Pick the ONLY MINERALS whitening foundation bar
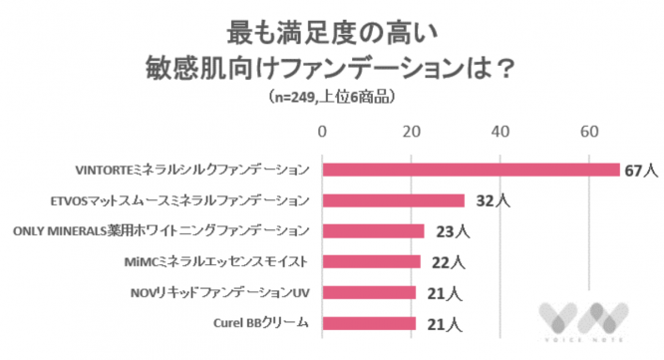[373, 231]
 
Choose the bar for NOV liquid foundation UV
[368, 293]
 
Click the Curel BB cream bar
[368, 323]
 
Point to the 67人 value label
[638, 170]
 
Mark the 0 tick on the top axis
[322, 132]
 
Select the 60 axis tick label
[589, 132]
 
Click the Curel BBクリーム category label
[261, 323]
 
